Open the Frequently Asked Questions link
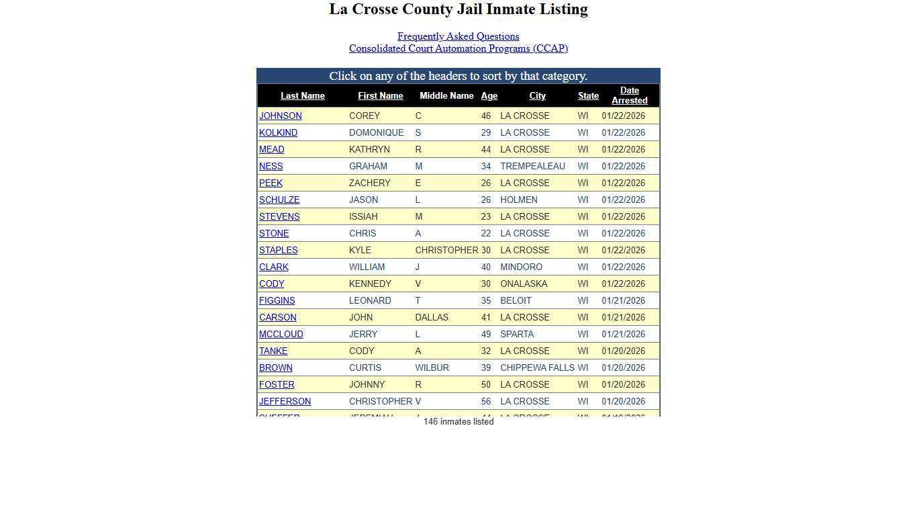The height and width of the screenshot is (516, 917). [458, 36]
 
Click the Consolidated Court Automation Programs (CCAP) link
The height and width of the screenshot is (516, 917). [458, 48]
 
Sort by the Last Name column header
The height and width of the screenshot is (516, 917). [302, 96]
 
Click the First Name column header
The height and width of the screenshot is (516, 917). [380, 96]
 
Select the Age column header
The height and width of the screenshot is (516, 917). [489, 96]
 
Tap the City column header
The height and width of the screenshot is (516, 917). [537, 96]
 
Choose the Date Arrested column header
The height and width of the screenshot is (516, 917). [629, 95]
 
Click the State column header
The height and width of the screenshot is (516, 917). [588, 96]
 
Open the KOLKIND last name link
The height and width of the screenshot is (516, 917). [278, 133]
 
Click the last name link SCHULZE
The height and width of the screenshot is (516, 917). [279, 200]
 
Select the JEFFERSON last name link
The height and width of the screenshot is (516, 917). [285, 402]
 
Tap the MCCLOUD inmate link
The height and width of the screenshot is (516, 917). [281, 335]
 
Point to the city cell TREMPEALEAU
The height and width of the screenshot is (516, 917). [532, 167]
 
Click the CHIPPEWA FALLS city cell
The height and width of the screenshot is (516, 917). [537, 368]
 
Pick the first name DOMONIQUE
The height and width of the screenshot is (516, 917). [376, 133]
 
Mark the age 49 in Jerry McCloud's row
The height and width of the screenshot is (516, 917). [485, 335]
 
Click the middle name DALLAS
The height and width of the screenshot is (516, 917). [432, 318]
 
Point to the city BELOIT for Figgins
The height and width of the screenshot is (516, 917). [516, 301]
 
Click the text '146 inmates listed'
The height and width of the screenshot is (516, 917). [458, 422]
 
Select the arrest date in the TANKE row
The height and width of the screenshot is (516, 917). [623, 351]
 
